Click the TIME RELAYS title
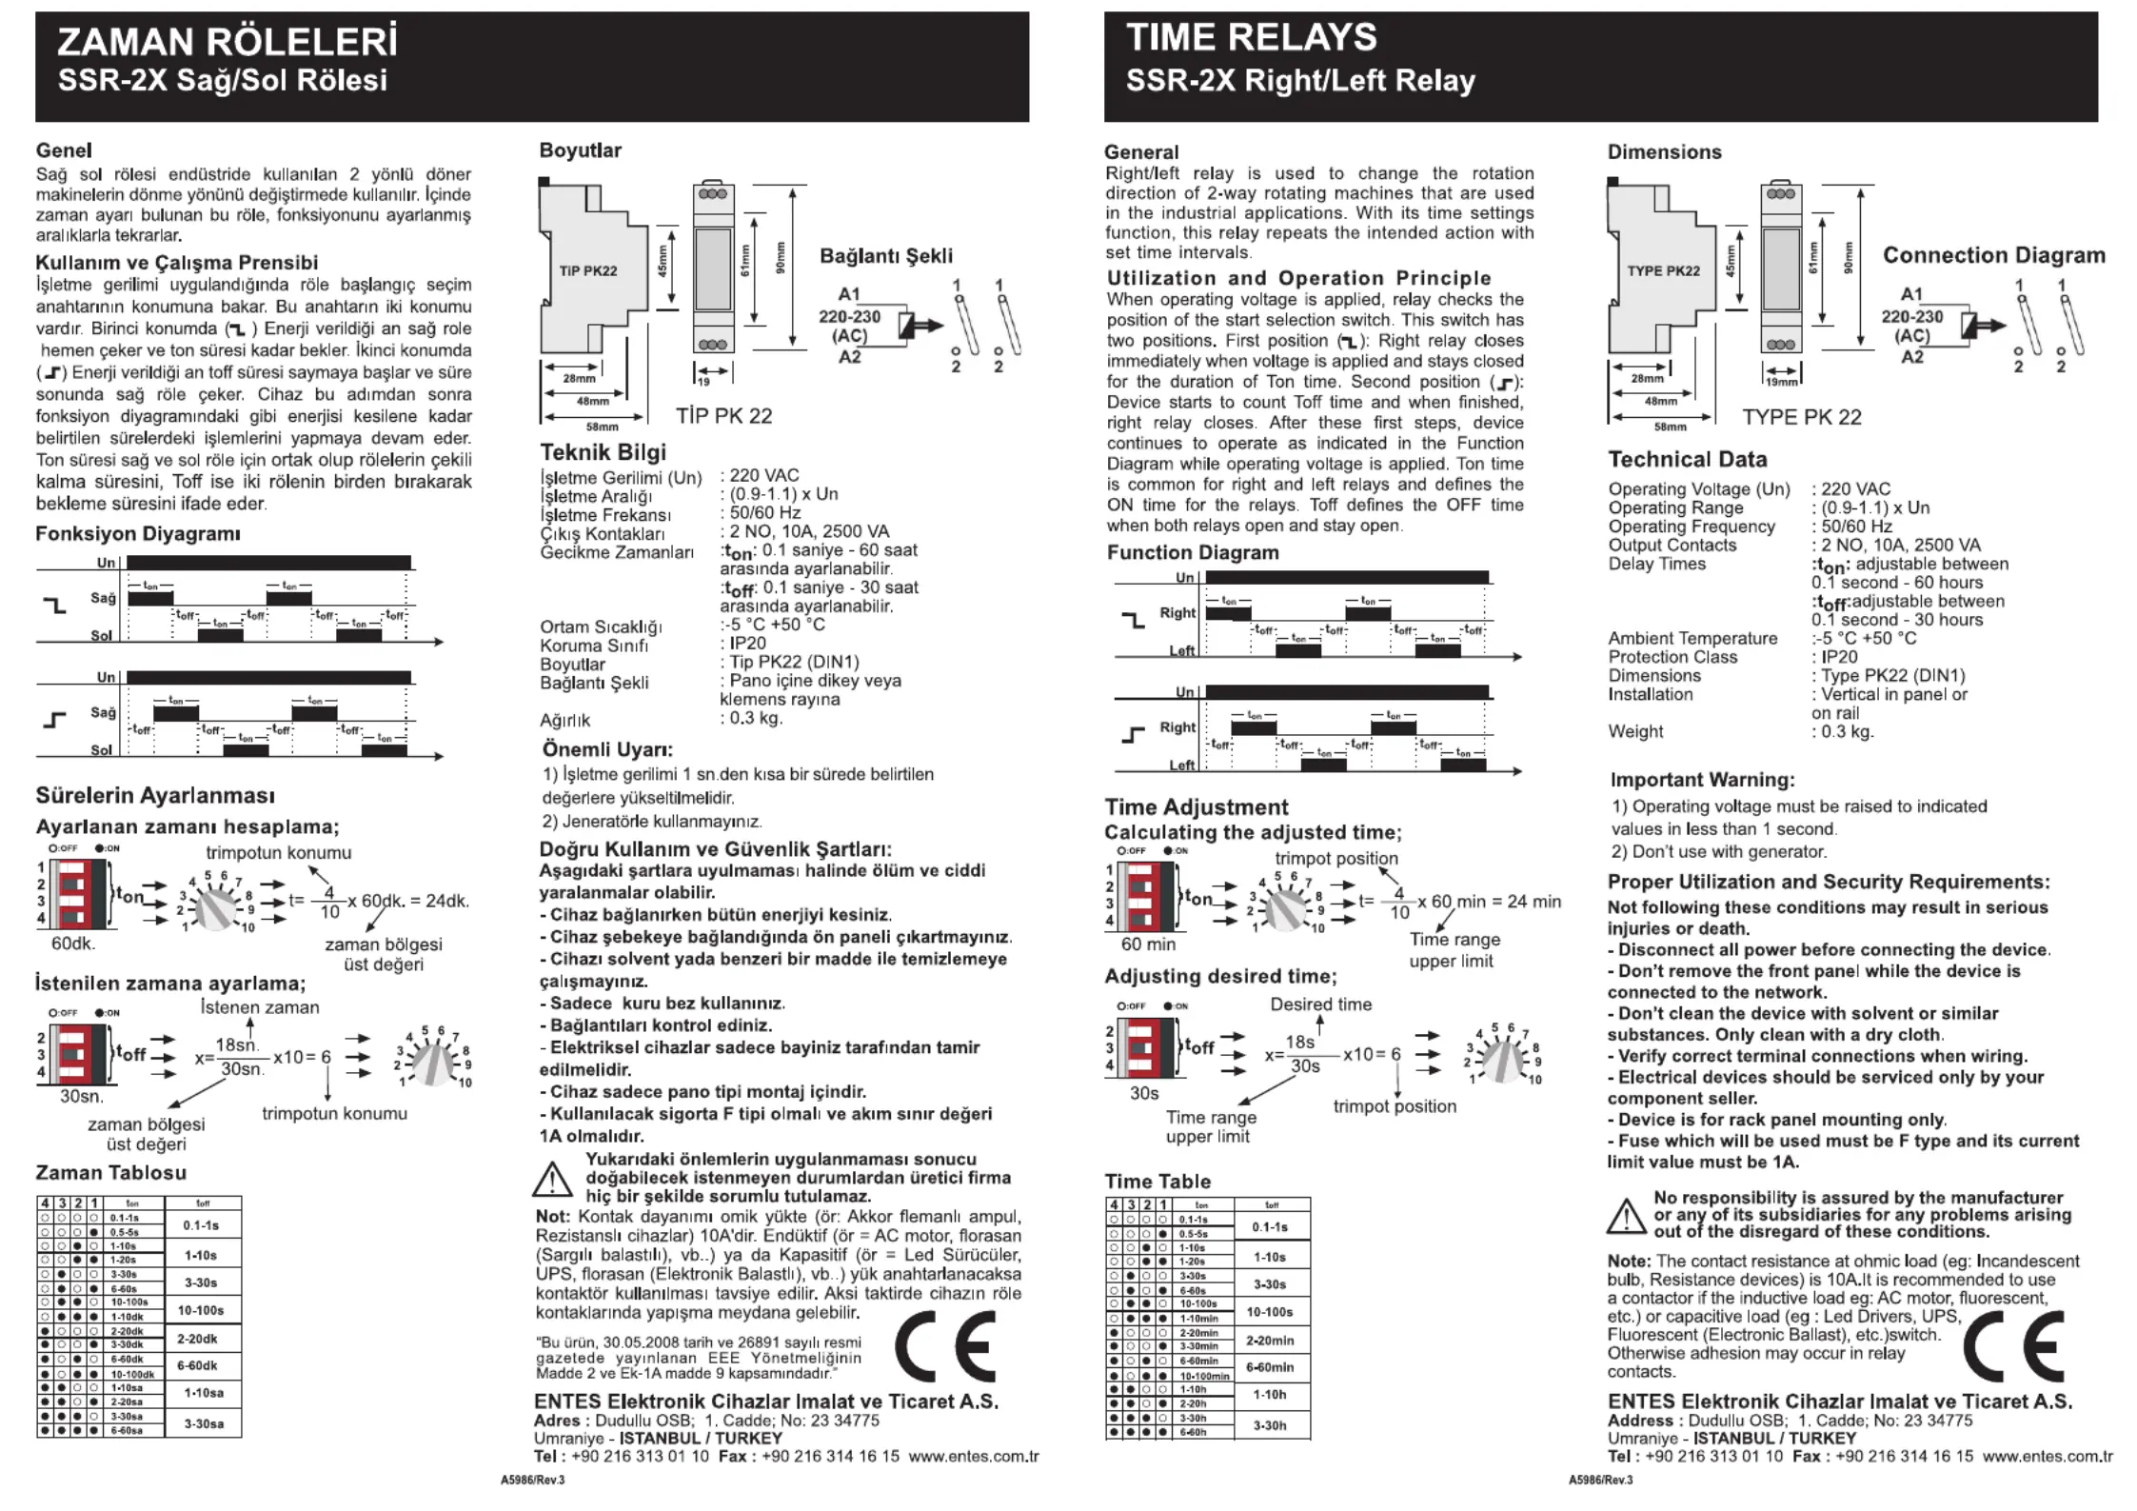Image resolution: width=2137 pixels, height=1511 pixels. point(1251,38)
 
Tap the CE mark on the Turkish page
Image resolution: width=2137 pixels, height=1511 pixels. point(944,1346)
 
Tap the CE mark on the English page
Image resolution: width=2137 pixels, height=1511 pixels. point(2013,1346)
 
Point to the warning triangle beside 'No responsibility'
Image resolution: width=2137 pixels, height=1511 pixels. point(1627,1216)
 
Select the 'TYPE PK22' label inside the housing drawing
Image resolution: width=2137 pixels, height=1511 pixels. point(1663,271)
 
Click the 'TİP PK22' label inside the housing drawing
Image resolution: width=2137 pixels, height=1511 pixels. point(588,271)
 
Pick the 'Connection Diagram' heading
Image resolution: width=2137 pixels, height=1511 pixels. point(1993,255)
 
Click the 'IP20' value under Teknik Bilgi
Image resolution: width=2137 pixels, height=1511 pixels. point(748,644)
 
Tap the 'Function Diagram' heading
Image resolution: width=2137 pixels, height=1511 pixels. point(1192,553)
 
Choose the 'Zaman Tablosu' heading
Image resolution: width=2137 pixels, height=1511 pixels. point(110,1173)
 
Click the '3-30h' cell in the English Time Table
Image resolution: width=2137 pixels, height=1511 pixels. point(1269,1426)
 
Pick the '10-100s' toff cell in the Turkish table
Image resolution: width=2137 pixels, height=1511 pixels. point(201,1311)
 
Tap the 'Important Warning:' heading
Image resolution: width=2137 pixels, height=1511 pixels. point(1702,780)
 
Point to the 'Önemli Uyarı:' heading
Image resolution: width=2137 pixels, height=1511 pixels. point(607,749)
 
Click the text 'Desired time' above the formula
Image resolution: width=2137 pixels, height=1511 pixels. point(1320,1004)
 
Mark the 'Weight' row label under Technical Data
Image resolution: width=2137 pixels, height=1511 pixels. point(1635,732)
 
